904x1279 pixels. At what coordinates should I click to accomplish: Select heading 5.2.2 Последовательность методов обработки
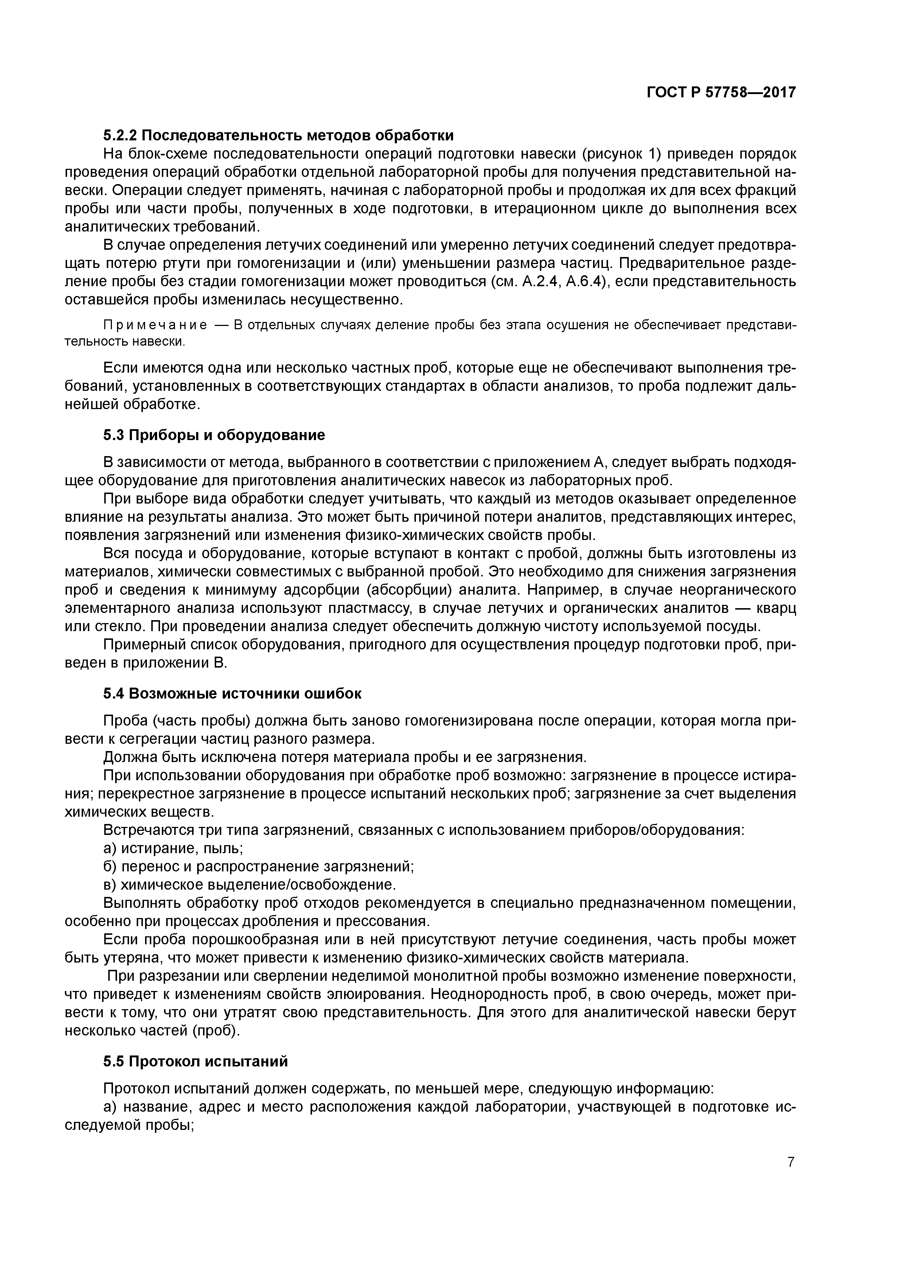[x=278, y=135]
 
